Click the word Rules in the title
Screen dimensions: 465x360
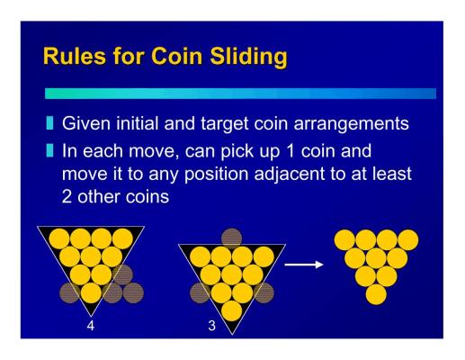(75, 56)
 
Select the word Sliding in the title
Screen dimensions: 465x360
(248, 57)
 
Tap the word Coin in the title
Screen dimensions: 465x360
(176, 56)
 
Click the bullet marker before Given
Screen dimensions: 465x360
(49, 123)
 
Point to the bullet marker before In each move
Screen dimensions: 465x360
(49, 150)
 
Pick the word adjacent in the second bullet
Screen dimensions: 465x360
(290, 175)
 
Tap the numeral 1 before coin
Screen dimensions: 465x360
(291, 151)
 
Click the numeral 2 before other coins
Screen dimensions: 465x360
(67, 197)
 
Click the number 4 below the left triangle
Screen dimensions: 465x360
(91, 325)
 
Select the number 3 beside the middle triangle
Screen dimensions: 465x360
(211, 326)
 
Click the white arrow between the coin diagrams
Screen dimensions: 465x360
(304, 265)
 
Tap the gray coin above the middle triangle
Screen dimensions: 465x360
(231, 238)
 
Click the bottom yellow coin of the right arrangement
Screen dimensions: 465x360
(376, 294)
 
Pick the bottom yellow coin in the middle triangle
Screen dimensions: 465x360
(232, 310)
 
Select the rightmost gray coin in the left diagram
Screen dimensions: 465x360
(133, 292)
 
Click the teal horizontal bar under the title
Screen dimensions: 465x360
(240, 94)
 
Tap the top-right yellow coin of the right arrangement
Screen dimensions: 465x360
(408, 240)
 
